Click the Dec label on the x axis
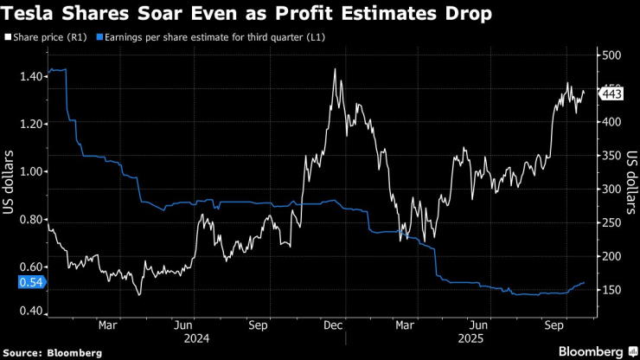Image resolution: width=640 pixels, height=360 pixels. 334,326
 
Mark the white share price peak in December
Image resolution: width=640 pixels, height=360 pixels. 335,69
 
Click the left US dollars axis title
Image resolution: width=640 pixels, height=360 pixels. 10,184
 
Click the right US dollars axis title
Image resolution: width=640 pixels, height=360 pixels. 632,184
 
